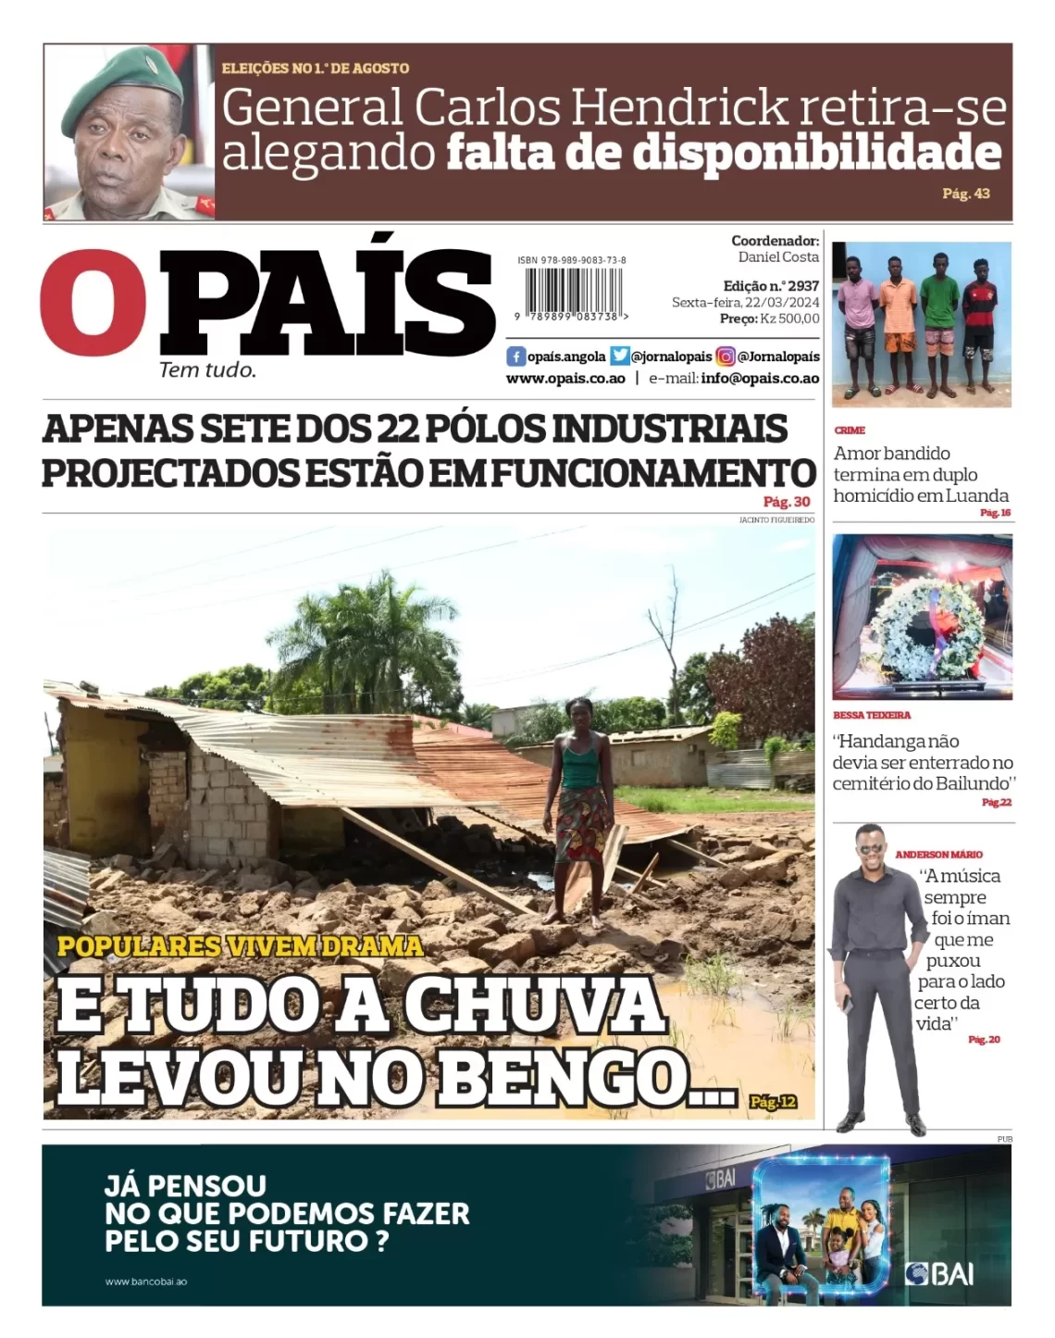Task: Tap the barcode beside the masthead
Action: coord(572,294)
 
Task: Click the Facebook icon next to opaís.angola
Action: coord(516,356)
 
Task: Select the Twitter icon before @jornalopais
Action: coord(619,356)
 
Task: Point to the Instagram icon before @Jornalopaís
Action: coord(726,356)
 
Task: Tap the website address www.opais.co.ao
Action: coord(565,379)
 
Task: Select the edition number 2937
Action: coord(803,286)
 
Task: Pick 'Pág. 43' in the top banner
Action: coord(965,194)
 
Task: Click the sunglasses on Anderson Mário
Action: coord(870,850)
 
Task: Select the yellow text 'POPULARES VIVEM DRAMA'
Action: coord(240,946)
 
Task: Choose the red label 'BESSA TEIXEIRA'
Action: coord(871,716)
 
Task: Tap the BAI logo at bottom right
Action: coord(939,1274)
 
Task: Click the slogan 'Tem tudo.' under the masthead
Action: coord(207,370)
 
